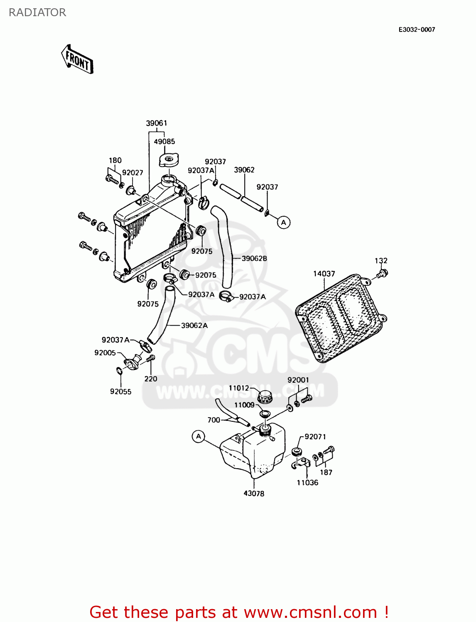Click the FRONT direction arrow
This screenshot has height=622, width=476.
77,59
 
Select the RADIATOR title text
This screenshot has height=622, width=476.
37,12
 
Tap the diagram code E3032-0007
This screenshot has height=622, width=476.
417,29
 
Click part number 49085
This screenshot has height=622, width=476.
164,141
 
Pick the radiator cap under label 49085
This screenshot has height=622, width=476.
168,159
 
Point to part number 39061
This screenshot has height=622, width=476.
157,123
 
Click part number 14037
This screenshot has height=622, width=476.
324,274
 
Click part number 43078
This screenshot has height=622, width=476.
254,493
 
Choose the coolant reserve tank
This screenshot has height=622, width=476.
253,452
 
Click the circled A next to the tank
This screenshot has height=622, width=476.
199,437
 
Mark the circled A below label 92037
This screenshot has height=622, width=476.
284,223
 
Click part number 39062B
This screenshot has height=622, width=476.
254,258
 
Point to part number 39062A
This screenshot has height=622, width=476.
194,326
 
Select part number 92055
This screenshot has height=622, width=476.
120,391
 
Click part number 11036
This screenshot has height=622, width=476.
307,483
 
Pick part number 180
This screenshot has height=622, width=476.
115,160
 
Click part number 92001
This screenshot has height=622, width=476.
298,380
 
